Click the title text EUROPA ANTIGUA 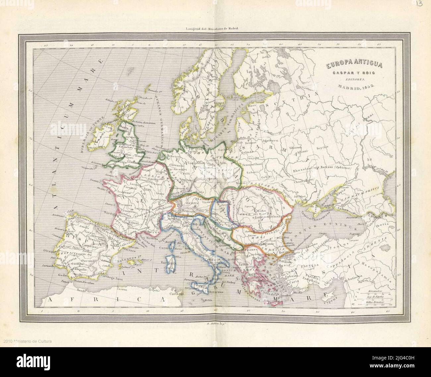pyautogui.click(x=350, y=66)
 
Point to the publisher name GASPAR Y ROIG pyautogui.click(x=350, y=73)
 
